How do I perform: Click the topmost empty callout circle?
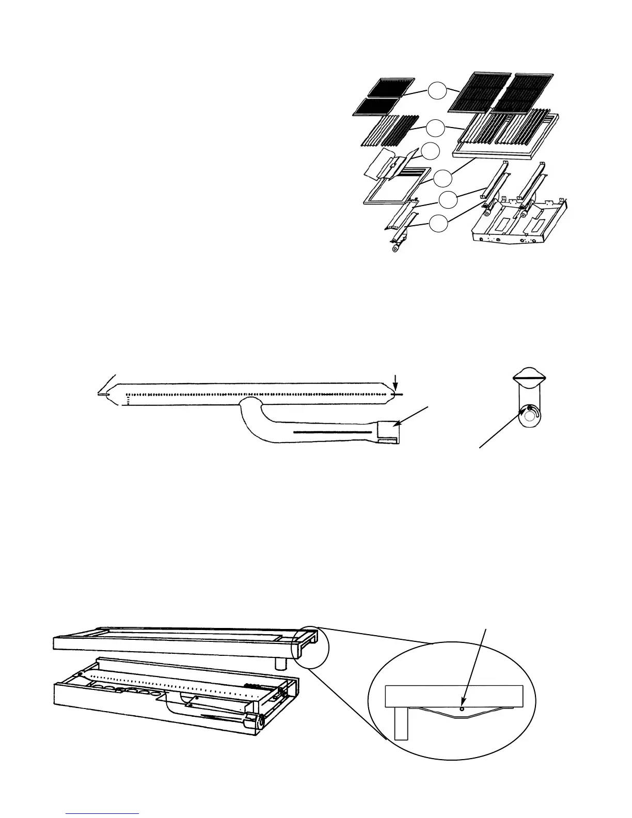click(437, 92)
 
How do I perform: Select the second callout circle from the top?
click(437, 128)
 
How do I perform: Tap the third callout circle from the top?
click(430, 151)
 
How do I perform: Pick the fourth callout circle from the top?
click(443, 178)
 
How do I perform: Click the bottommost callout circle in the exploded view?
click(438, 224)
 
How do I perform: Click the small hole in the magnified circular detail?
click(462, 709)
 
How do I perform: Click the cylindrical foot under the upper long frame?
click(282, 662)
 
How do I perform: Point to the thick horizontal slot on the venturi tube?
click(333, 432)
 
